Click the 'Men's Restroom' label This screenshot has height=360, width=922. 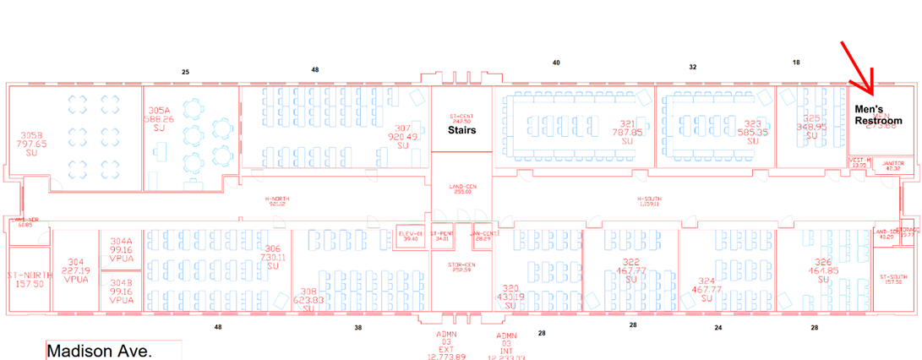click(x=878, y=115)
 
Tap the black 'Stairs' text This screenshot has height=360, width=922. click(x=461, y=130)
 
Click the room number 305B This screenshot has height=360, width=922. click(x=31, y=134)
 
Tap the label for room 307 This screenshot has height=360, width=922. click(x=402, y=128)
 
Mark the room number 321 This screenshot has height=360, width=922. click(x=626, y=123)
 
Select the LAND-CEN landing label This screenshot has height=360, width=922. click(x=461, y=188)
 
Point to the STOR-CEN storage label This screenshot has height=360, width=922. click(x=461, y=265)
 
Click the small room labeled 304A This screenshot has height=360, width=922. click(x=122, y=241)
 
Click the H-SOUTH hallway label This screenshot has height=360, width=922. click(x=652, y=199)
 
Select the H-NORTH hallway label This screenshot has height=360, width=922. click(x=277, y=199)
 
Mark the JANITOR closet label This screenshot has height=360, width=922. click(x=892, y=163)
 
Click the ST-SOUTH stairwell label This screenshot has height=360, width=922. click(x=892, y=277)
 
